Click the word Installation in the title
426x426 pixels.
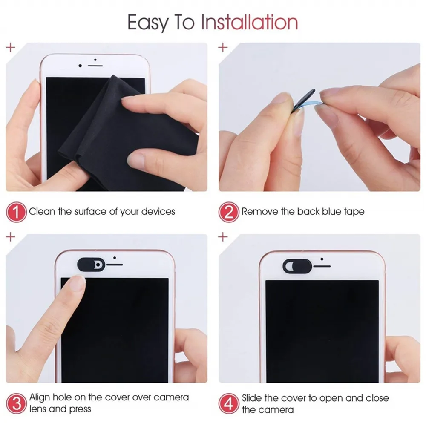[x=249, y=22]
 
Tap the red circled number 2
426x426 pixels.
[x=229, y=212]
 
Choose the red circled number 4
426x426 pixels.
[x=229, y=403]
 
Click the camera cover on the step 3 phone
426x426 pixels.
[x=90, y=265]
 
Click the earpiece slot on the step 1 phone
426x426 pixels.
[x=96, y=66]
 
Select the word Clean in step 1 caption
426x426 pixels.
[x=42, y=211]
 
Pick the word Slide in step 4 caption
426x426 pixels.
[x=253, y=398]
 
